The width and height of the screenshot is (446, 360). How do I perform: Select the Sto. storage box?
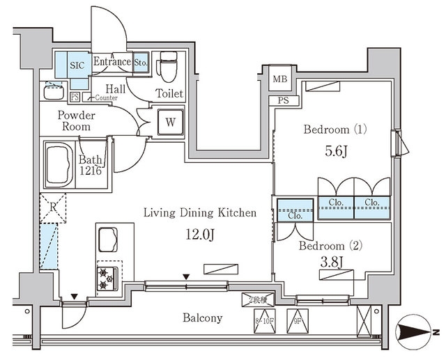pos(140,62)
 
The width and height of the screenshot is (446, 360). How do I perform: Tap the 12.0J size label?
pos(200,233)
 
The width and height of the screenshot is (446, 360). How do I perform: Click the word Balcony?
pos(202,318)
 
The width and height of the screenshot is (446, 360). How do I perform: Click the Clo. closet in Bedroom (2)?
pos(293,215)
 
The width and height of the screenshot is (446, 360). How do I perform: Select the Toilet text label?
pos(169,93)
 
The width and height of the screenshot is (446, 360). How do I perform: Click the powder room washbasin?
pos(53,91)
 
